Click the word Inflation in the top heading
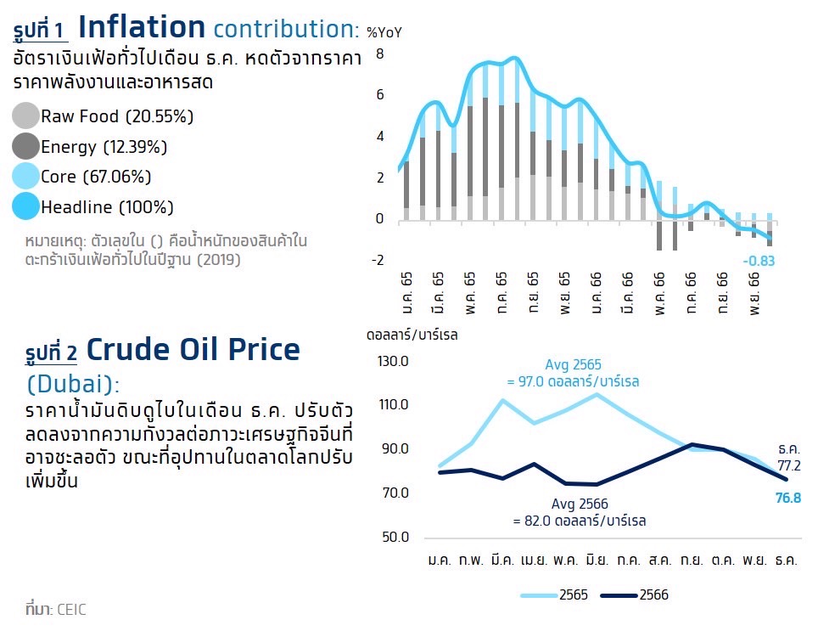tap(142, 27)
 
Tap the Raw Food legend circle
tap(26, 115)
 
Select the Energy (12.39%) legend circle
tap(26, 146)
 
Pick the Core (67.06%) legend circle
tap(26, 177)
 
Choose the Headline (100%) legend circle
tap(26, 206)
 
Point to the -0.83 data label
tap(759, 261)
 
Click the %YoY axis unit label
tap(384, 33)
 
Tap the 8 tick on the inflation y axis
tap(380, 54)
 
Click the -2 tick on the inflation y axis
tap(378, 260)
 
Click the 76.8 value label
tap(788, 498)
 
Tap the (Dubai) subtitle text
tap(73, 384)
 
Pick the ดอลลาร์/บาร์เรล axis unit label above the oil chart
tap(412, 335)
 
